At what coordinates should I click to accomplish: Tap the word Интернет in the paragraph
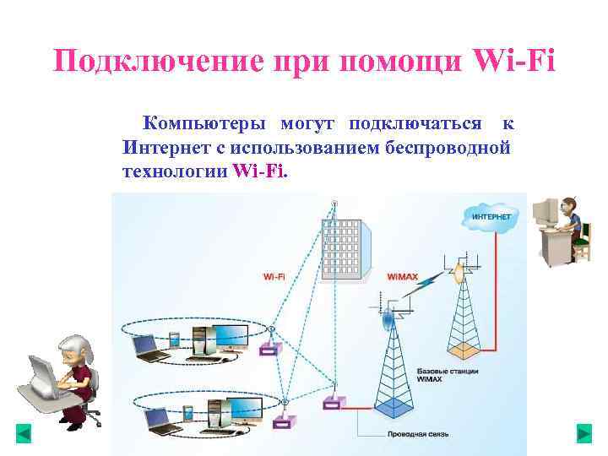[x=161, y=148]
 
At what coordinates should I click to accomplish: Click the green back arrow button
[x=24, y=434]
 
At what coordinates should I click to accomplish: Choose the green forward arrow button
[x=584, y=434]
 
